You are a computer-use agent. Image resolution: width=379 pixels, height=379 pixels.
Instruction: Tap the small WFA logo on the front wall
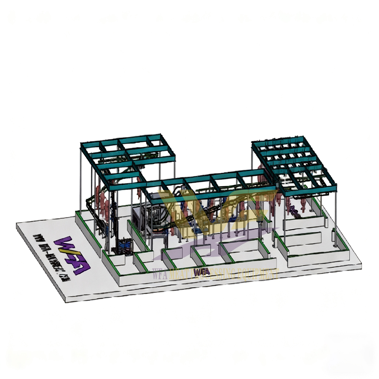coord(202,272)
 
